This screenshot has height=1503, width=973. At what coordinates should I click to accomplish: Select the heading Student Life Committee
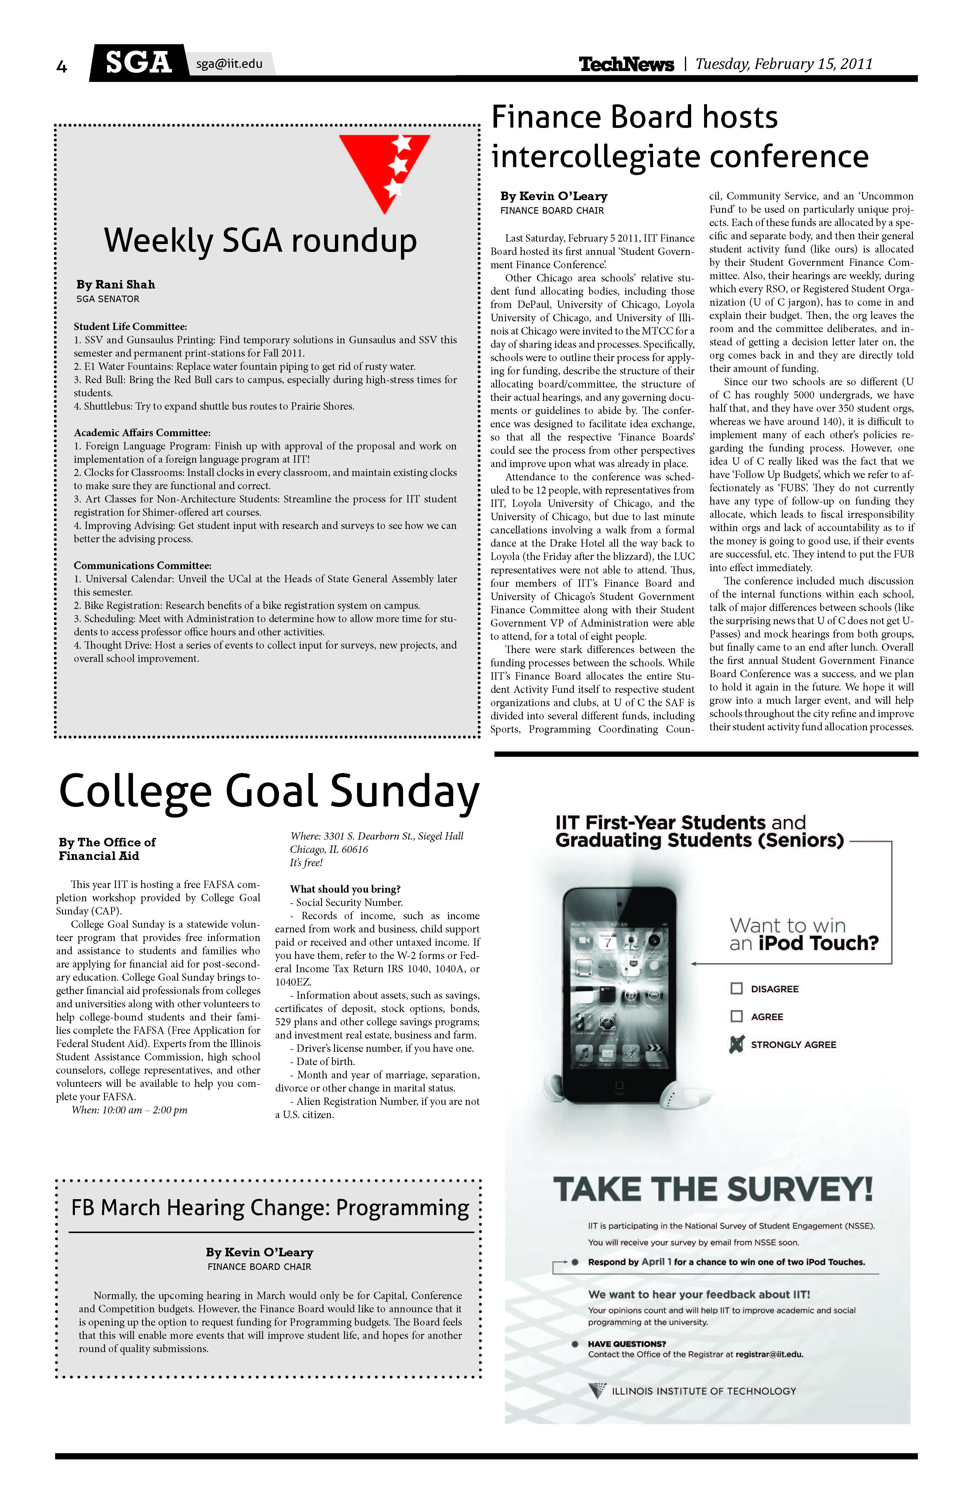[x=130, y=327]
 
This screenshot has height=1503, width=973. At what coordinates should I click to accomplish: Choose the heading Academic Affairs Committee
[x=142, y=433]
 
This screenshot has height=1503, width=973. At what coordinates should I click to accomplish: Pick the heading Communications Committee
[x=142, y=565]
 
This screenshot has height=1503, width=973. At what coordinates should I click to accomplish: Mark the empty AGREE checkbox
[x=736, y=1016]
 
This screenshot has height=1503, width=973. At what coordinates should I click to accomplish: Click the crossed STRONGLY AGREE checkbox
[x=736, y=1044]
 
